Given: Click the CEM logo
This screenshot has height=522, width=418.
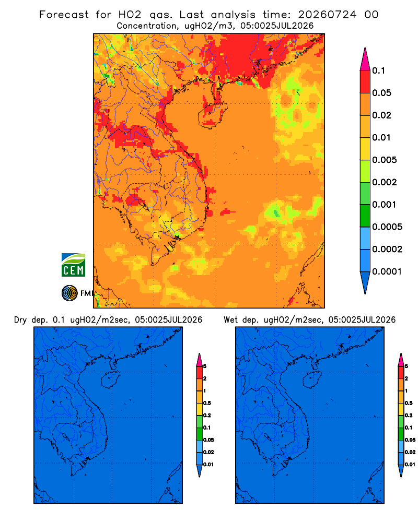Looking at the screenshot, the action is tap(73, 265).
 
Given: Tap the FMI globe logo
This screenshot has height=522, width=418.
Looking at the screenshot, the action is tap(69, 293).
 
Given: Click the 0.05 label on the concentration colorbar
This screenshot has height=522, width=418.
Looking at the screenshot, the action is tap(381, 93).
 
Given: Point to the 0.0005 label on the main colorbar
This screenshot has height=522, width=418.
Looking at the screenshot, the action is tap(387, 227).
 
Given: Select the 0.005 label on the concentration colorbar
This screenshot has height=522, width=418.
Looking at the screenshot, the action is tap(385, 160).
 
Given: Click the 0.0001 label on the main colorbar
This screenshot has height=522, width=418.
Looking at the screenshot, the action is tap(387, 271).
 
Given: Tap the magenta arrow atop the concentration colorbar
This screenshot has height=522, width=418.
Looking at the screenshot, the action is tap(365, 59).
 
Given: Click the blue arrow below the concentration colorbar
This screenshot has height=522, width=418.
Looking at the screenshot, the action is tap(365, 282).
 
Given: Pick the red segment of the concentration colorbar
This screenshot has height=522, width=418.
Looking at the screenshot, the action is tap(365, 81).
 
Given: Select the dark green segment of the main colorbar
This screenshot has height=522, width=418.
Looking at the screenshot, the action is tap(365, 216).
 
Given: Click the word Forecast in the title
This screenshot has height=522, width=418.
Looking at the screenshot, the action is tap(64, 15).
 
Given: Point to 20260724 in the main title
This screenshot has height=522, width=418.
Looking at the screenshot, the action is tap(327, 15).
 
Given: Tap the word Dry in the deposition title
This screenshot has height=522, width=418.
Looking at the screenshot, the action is tap(20, 320).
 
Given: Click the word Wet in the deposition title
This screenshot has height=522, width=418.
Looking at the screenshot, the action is tap(230, 320).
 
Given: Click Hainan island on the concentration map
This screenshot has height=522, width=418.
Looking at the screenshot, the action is tap(212, 114).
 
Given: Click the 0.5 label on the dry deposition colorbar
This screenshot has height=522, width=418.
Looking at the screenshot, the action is tap(207, 403).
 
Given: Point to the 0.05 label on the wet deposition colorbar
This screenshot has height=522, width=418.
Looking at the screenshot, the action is tap(410, 440).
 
